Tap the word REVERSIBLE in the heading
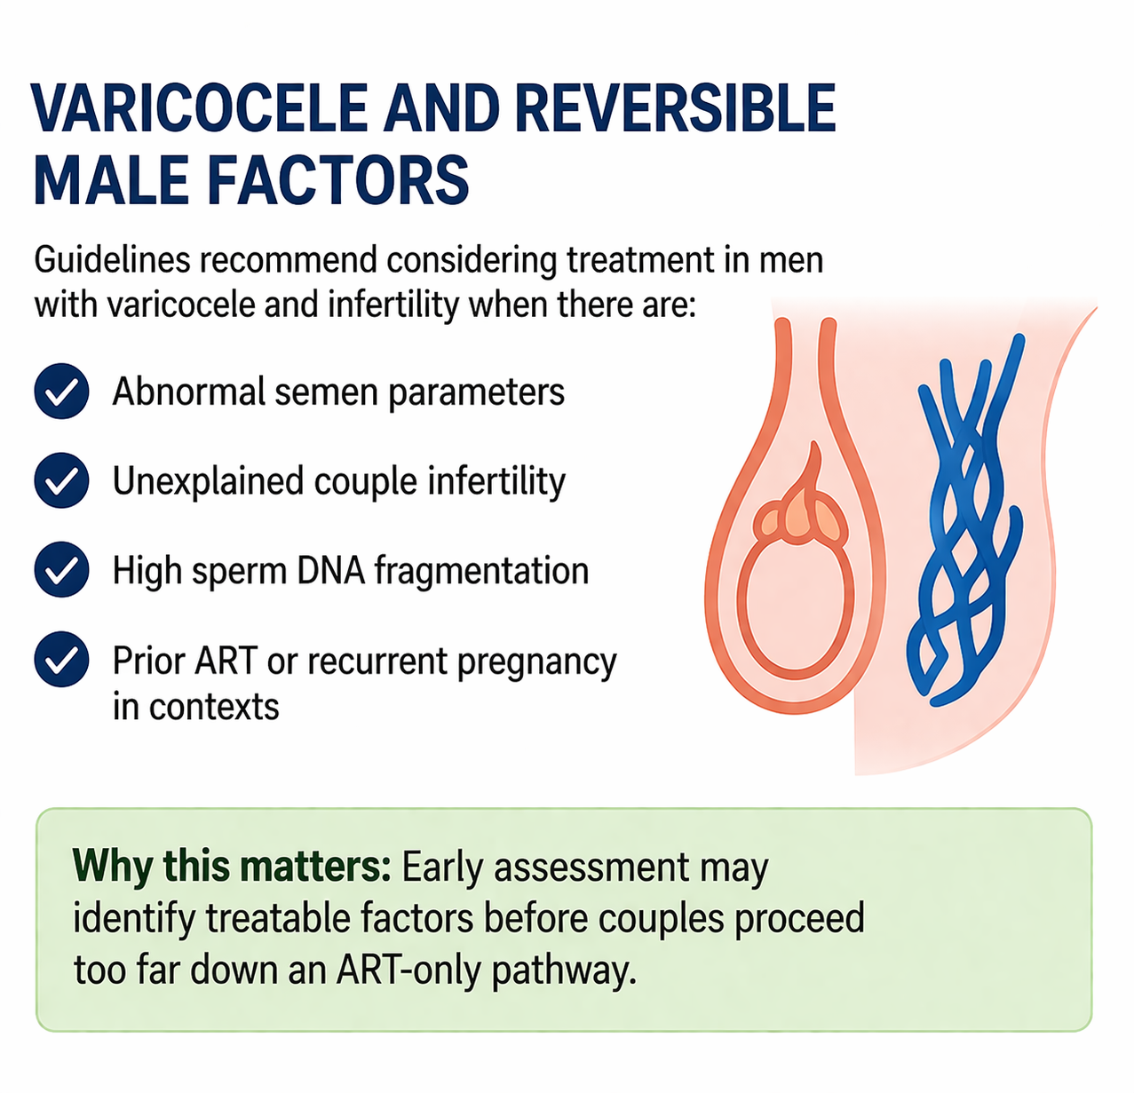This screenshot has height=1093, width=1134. [676, 108]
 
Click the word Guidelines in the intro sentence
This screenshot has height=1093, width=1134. [112, 260]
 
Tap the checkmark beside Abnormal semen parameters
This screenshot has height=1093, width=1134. [62, 391]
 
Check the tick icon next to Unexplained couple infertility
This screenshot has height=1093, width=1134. [62, 480]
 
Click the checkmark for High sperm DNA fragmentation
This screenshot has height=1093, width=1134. [62, 570]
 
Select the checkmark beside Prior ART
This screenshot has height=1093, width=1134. [62, 660]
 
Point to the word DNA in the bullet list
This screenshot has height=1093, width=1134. [330, 570]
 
